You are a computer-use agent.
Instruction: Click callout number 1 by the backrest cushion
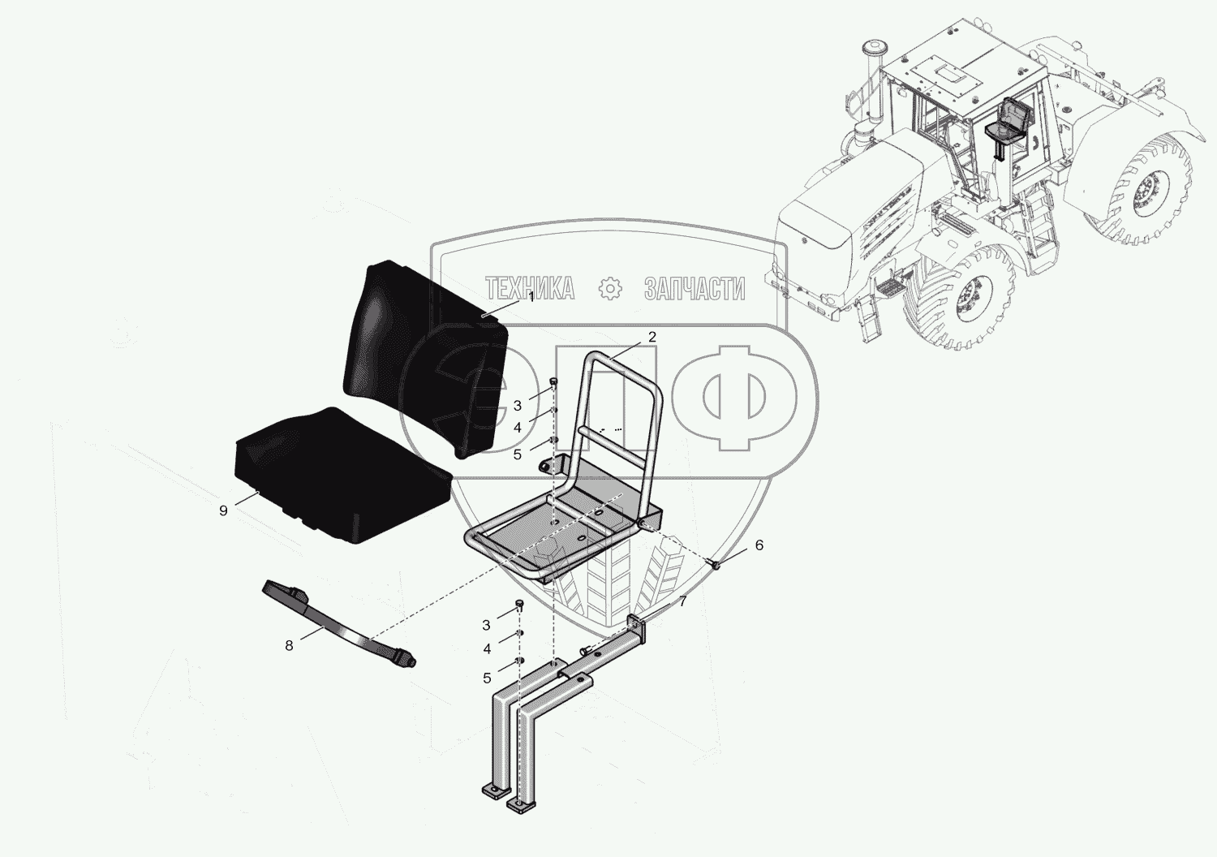click(531, 297)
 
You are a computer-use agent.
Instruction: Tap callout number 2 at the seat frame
click(652, 337)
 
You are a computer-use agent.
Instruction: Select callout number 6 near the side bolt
click(759, 545)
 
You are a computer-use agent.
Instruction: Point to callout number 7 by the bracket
click(682, 601)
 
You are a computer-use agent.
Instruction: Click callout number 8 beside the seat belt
click(289, 646)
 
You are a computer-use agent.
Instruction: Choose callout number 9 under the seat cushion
click(223, 510)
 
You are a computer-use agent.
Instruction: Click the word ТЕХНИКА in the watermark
click(530, 288)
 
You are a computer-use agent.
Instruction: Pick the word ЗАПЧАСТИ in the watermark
click(695, 288)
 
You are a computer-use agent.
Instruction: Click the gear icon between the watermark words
click(610, 288)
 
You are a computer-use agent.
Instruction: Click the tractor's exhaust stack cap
click(873, 45)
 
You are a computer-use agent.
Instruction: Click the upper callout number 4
click(517, 428)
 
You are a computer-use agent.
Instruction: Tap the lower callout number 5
click(487, 678)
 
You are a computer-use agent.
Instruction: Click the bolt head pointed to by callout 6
click(716, 566)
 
